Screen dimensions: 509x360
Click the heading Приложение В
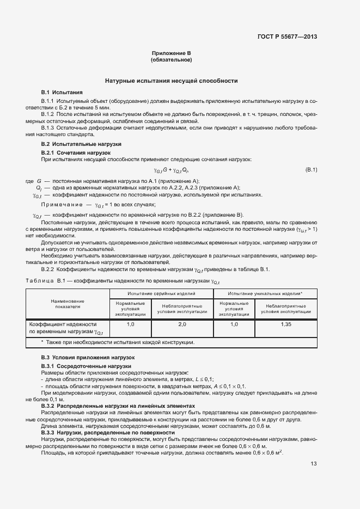coord(172,53)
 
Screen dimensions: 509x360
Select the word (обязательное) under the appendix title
coord(172,60)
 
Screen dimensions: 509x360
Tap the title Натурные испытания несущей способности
coord(172,81)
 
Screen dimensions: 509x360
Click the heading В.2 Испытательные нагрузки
coord(81,144)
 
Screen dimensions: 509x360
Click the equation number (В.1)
coord(311,170)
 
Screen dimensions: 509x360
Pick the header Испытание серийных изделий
coord(161,293)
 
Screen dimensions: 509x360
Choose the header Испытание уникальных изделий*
coord(265,293)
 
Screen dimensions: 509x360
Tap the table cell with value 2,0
coord(182,324)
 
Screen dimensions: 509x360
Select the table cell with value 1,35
coord(286,324)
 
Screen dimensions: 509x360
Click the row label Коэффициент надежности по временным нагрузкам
coord(68,328)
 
